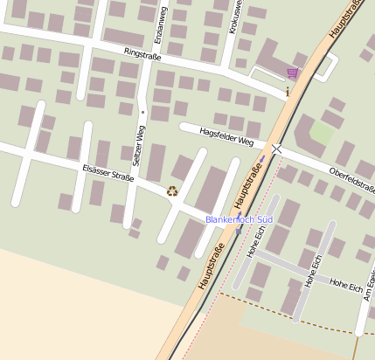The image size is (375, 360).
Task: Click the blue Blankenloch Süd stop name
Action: point(240,219)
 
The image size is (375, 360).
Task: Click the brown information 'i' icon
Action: point(288,90)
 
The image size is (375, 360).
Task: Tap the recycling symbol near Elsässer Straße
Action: point(172,190)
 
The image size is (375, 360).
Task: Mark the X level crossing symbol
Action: point(276,149)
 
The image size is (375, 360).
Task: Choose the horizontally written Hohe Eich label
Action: point(346,285)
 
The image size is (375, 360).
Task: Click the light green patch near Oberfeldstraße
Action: point(323,133)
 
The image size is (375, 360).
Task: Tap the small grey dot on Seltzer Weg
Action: point(142,112)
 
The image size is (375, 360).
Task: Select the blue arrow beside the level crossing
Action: point(262,159)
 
